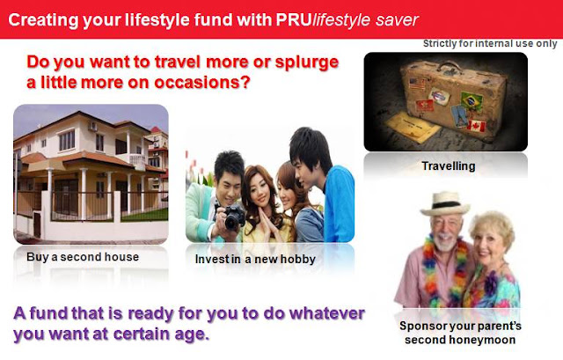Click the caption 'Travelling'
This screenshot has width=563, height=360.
[449, 166]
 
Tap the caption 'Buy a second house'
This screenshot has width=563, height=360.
[83, 257]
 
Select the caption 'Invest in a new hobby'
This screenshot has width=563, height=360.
[255, 259]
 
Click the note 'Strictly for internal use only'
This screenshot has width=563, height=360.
[490, 43]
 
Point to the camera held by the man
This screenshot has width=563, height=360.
[234, 217]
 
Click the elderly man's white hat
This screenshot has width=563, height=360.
[445, 203]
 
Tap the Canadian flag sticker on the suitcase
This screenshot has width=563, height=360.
[477, 126]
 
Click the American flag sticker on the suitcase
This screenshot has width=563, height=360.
[417, 84]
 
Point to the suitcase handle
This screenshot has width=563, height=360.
[450, 66]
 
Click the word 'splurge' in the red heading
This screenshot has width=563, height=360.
[307, 62]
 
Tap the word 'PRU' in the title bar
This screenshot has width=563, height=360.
[293, 19]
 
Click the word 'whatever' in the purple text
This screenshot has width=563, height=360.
[327, 313]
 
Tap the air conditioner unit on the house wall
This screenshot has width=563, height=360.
[92, 127]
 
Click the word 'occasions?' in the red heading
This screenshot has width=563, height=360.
[202, 83]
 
